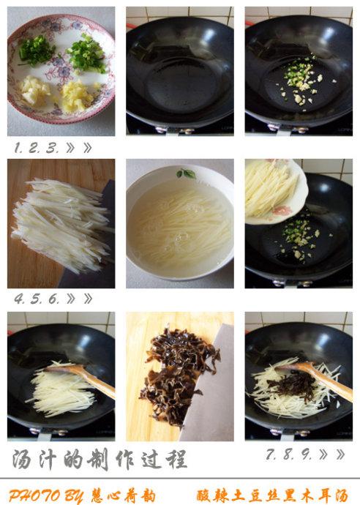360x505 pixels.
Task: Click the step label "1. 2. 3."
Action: [37, 148]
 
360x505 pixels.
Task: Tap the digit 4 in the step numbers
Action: [19, 299]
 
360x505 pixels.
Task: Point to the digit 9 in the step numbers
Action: [306, 454]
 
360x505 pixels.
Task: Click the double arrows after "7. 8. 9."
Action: [331, 454]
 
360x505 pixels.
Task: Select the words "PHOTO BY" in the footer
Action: [45, 495]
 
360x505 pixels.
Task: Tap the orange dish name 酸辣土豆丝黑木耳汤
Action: [272, 495]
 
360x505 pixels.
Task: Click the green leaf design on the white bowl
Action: [186, 173]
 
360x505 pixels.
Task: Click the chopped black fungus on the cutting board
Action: [178, 376]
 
